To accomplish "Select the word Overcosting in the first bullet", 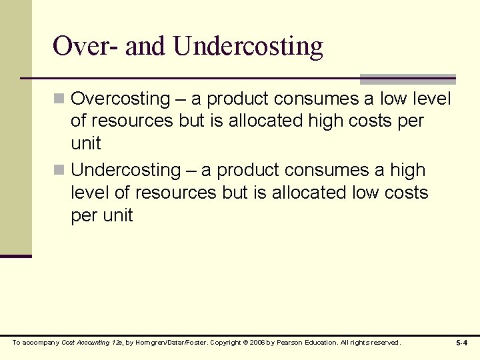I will tap(121, 99).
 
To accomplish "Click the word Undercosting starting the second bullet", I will tap(126, 171).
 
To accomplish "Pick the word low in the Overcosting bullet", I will tap(395, 99).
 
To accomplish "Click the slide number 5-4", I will tap(461, 343).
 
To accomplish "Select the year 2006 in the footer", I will tap(255, 343).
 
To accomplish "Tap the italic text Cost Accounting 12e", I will tap(92, 343).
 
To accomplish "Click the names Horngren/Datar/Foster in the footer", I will tap(170, 343).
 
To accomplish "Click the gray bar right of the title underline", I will tap(407, 79).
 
